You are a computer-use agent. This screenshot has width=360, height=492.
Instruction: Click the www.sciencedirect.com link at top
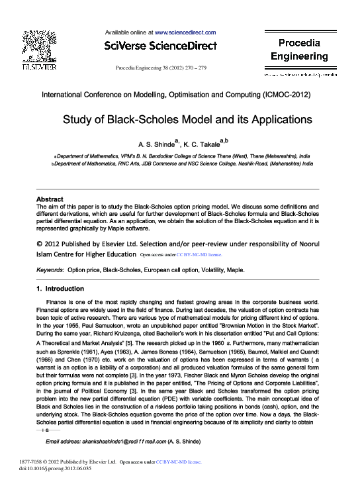[185, 32]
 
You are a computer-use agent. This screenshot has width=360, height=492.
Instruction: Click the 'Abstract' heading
[50, 199]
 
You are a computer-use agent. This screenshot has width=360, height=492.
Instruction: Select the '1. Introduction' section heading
[60, 289]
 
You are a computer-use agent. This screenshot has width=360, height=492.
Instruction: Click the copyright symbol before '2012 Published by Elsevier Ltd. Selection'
[39, 242]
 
